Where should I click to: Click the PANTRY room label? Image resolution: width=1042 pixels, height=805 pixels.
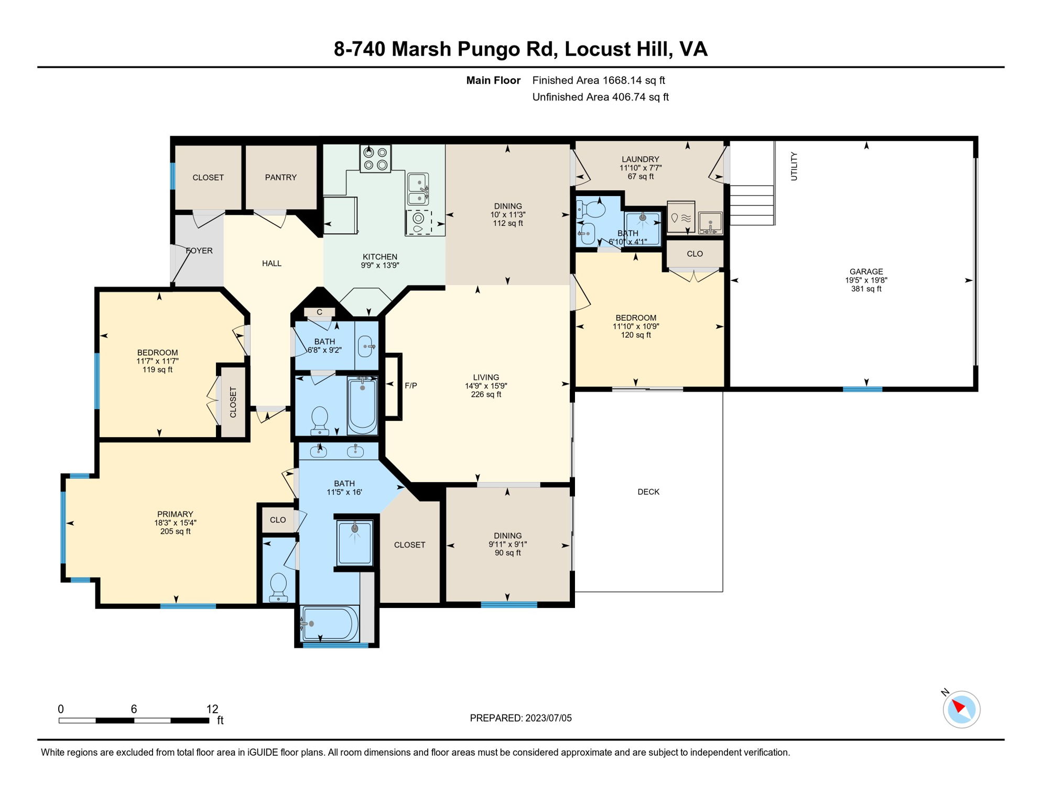pyautogui.click(x=280, y=177)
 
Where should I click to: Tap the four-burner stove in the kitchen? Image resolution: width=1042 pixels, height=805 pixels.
pyautogui.click(x=375, y=158)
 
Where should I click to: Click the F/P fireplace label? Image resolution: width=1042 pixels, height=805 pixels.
pyautogui.click(x=410, y=386)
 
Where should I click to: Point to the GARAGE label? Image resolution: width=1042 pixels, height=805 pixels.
pyautogui.click(x=866, y=271)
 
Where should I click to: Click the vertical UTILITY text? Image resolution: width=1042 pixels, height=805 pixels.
pyautogui.click(x=794, y=166)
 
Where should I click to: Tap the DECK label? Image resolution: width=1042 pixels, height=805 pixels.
pyautogui.click(x=648, y=492)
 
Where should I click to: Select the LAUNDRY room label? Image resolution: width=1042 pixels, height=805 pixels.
pyautogui.click(x=640, y=159)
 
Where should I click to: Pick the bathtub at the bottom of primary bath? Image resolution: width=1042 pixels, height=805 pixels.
pyautogui.click(x=330, y=624)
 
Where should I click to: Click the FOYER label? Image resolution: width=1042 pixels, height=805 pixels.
pyautogui.click(x=199, y=251)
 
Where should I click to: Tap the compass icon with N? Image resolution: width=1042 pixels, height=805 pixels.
pyautogui.click(x=961, y=709)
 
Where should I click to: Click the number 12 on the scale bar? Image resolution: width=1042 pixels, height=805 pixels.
pyautogui.click(x=212, y=709)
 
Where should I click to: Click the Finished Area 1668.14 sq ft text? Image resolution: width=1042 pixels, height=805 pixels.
pyautogui.click(x=598, y=80)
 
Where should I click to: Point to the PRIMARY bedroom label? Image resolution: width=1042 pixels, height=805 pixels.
pyautogui.click(x=175, y=514)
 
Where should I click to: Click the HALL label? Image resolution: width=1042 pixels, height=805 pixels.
pyautogui.click(x=272, y=263)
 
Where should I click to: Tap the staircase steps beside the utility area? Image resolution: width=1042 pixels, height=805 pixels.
pyautogui.click(x=752, y=205)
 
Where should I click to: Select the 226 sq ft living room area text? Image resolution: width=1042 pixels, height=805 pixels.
pyautogui.click(x=485, y=394)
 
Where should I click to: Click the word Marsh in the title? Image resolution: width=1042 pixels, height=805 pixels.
pyautogui.click(x=421, y=49)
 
